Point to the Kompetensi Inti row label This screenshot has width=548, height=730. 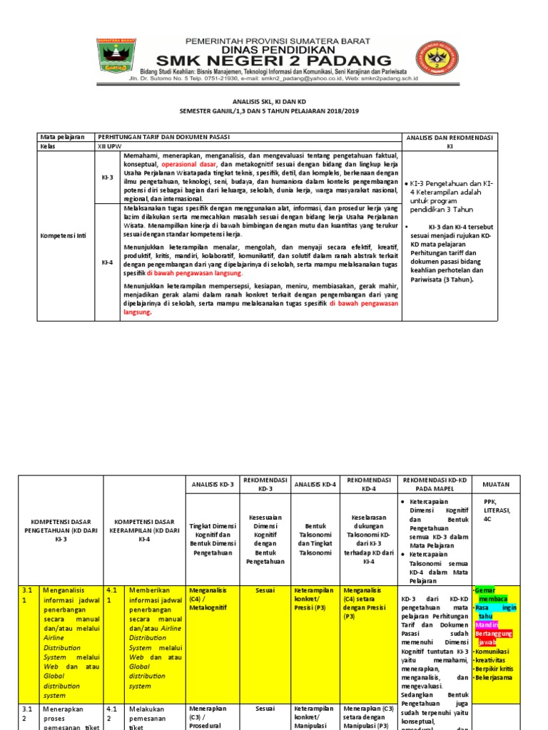(64, 235)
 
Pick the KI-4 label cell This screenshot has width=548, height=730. (107, 262)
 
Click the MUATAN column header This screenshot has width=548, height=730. (495, 484)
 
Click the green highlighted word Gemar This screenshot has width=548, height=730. (485, 591)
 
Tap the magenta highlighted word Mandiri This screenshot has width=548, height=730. (487, 624)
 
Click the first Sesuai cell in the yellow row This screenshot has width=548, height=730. (265, 590)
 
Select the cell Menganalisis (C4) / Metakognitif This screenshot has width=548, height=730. (211, 595)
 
